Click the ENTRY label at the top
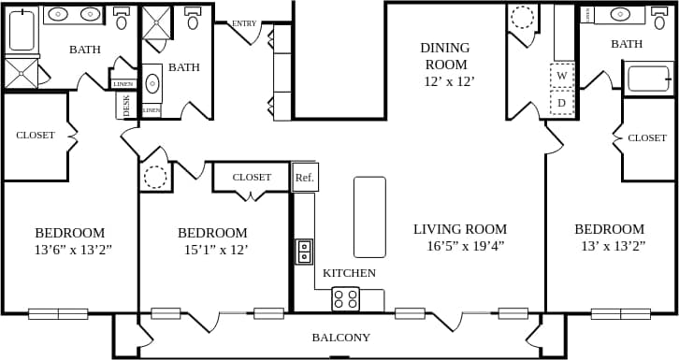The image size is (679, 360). click(x=244, y=23)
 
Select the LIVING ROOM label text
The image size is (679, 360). click(x=460, y=229)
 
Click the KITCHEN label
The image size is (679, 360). click(x=349, y=273)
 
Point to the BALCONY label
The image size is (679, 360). click(x=340, y=338)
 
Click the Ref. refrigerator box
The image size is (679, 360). click(x=305, y=177)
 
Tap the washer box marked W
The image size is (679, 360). click(x=561, y=76)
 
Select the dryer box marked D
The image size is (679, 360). click(x=561, y=102)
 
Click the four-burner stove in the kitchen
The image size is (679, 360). click(x=345, y=299)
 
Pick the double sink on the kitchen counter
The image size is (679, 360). click(x=304, y=252)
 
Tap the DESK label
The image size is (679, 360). click(x=127, y=107)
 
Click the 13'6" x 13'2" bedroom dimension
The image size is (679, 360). click(x=69, y=250)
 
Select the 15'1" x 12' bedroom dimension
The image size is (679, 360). click(x=212, y=250)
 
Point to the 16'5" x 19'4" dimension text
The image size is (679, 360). click(x=465, y=246)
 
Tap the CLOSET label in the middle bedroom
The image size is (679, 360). click(x=252, y=177)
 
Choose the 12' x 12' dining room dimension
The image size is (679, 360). click(x=449, y=81)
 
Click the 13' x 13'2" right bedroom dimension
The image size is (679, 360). click(x=609, y=246)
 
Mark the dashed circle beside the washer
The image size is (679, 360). click(x=523, y=17)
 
